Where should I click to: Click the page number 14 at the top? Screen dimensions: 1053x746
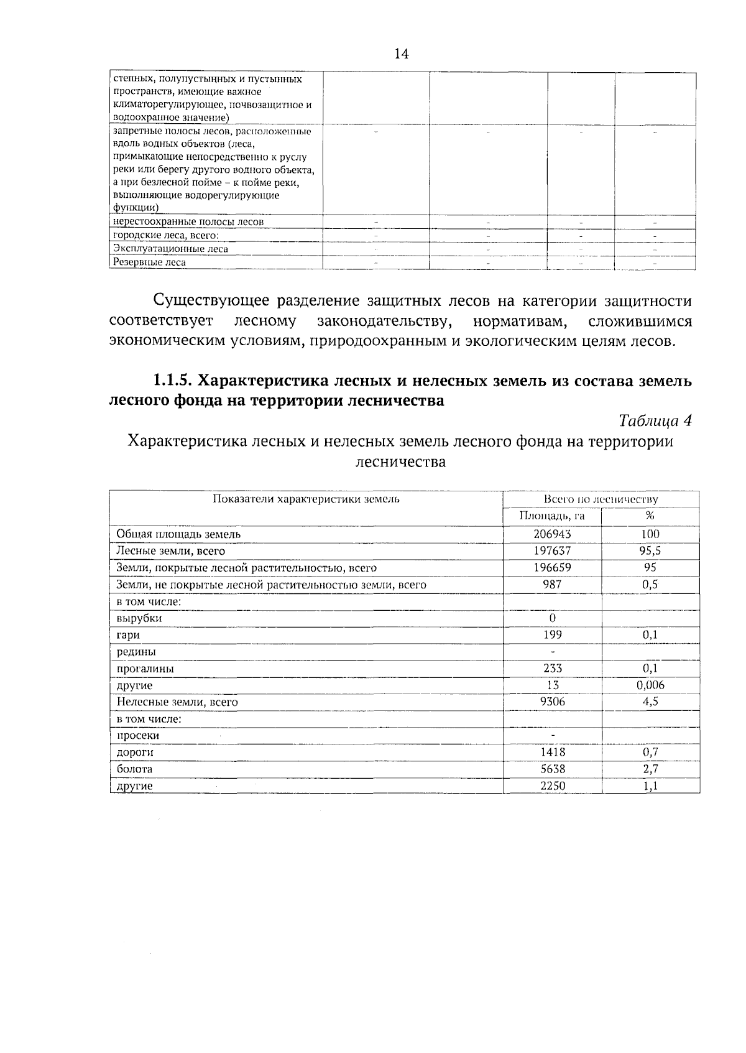click(x=402, y=54)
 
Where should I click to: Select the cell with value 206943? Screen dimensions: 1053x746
click(x=551, y=534)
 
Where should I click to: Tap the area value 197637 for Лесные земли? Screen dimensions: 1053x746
click(x=551, y=550)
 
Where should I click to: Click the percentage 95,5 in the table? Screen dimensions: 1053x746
click(x=650, y=550)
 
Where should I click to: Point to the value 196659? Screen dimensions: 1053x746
click(x=551, y=567)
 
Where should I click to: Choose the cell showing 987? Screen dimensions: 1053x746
click(x=551, y=584)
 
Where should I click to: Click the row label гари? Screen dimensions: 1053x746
click(x=128, y=635)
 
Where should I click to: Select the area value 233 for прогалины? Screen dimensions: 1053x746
click(x=551, y=669)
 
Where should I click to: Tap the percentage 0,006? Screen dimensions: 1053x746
click(x=650, y=685)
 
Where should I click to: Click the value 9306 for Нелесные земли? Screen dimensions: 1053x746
click(x=551, y=702)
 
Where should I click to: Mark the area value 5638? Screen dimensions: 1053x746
click(x=551, y=769)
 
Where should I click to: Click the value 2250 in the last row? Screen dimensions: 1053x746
click(x=551, y=786)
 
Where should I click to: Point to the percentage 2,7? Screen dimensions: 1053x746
click(x=650, y=769)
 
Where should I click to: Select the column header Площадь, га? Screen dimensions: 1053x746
click(x=551, y=516)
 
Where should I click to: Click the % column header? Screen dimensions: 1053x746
click(x=650, y=516)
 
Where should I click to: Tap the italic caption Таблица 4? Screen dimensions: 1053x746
click(x=655, y=421)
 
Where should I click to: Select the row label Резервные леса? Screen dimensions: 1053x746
click(x=149, y=262)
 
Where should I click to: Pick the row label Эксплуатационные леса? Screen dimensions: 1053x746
click(x=170, y=249)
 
